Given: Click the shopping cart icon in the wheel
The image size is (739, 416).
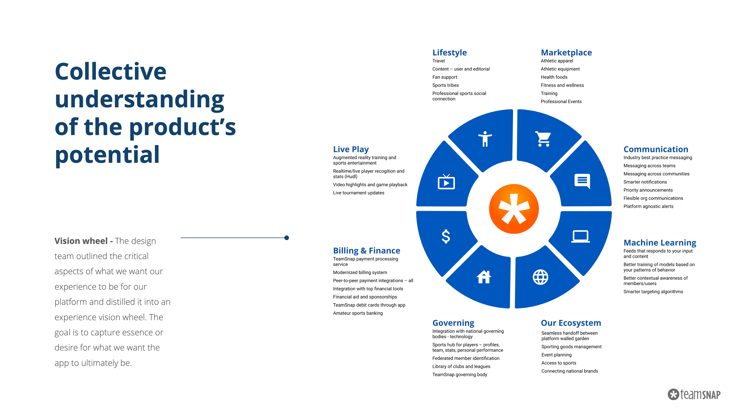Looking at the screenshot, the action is point(543,139).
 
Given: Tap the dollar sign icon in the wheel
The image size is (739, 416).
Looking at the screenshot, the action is point(446,236).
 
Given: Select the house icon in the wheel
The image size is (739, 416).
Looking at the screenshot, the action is point(484,277).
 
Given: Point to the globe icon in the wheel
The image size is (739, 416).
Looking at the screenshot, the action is point(540,277).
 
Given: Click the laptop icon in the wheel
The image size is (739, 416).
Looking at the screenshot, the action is point(580,236).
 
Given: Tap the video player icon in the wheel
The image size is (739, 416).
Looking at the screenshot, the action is point(446,182).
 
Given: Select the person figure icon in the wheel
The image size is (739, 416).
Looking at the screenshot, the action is point(485,139).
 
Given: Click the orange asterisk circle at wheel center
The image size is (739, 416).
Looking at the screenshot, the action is point(514,209).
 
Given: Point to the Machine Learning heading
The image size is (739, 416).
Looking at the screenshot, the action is point(660,242).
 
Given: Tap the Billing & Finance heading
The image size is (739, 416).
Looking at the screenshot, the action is point(367,250).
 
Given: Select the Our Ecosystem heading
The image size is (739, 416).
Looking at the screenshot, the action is point(571,323).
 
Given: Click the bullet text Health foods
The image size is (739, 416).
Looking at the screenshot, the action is point(554,77).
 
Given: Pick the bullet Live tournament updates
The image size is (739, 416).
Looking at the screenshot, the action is point(359,193).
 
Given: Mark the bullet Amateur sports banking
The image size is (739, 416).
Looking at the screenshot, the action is point(358,313).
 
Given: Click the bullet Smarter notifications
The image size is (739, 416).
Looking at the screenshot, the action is point(645,182).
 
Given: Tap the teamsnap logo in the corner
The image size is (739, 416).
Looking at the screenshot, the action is point(694,394).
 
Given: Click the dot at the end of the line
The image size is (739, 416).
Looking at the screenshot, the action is point(287,238).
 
